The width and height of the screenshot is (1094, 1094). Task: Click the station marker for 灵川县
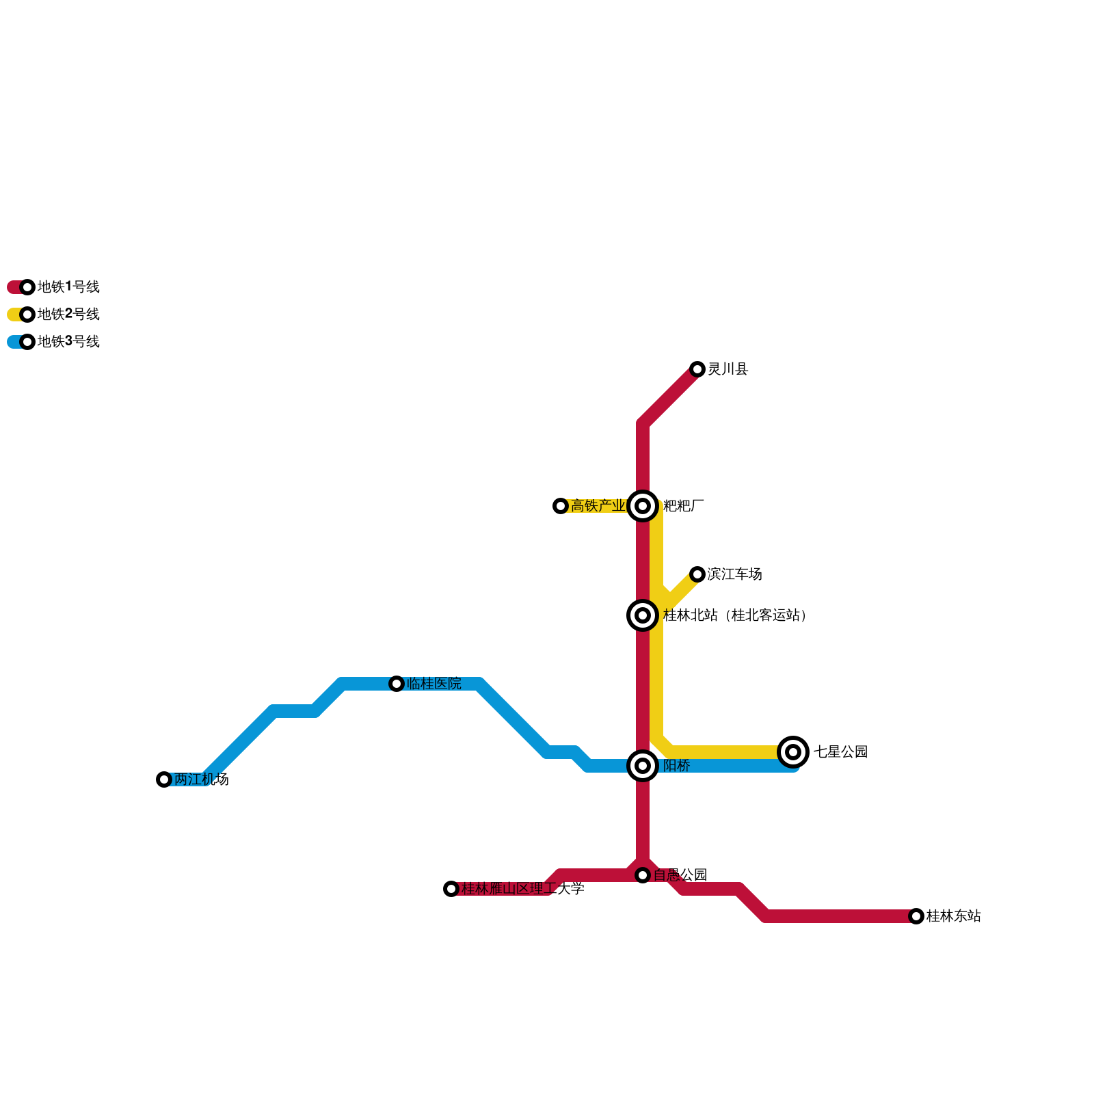coord(697,369)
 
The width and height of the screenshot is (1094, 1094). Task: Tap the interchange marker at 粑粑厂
coord(643,506)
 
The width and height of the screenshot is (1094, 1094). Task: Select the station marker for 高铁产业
coord(561,506)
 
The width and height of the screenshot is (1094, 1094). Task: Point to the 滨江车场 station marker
coord(697,574)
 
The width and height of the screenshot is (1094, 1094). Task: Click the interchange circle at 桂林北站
coord(643,615)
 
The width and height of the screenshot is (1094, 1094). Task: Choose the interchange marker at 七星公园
coord(793,752)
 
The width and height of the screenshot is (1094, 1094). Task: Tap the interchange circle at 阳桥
coord(643,766)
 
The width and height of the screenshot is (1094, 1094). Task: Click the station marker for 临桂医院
coord(397,684)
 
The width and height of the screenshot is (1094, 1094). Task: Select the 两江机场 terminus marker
coord(164,779)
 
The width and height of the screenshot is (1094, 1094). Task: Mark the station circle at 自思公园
coord(643,875)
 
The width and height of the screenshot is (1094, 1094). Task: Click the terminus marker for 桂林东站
coord(916,916)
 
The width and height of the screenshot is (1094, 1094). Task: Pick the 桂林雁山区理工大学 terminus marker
coord(451,889)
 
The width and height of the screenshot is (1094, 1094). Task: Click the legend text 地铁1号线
coord(68,287)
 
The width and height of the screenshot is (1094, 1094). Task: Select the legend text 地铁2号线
coord(68,315)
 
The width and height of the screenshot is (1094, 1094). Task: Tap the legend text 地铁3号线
coord(68,342)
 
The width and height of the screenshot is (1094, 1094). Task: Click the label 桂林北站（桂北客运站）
coord(736,615)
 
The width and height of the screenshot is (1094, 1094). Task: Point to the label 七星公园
coord(840,752)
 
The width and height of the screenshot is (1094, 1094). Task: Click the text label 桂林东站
coord(953,916)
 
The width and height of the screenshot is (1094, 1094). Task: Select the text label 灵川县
coord(728,369)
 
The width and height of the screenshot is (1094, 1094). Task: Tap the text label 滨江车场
coord(734,574)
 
